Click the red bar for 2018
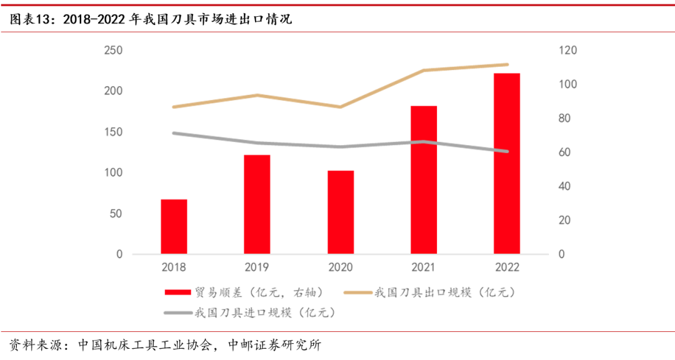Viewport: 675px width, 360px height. click(174, 227)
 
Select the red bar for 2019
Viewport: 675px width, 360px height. click(257, 204)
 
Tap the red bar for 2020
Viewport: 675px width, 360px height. click(341, 212)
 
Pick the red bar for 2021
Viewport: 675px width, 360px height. click(424, 180)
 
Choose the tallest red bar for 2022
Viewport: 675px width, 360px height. click(507, 164)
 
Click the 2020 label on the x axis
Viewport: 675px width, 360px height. click(341, 267)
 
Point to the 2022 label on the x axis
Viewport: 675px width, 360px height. click(507, 267)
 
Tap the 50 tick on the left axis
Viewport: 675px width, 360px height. click(116, 214)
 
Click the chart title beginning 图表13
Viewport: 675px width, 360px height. click(150, 19)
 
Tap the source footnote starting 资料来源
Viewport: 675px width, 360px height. click(165, 344)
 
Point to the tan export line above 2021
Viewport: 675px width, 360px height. click(424, 71)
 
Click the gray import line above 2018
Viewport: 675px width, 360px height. click(174, 133)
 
